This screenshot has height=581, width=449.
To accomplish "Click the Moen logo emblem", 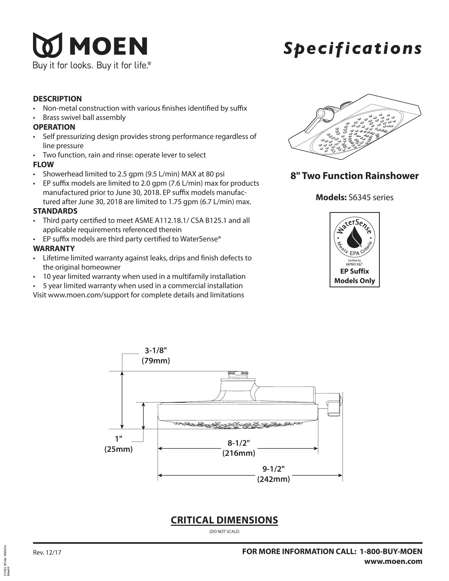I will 48,45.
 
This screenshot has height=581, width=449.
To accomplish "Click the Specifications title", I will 352,49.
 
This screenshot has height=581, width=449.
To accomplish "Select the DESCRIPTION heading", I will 57,99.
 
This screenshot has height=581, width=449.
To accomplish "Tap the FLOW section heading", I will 43,165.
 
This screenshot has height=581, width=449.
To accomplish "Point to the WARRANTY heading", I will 54,249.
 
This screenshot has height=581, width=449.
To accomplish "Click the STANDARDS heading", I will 55,211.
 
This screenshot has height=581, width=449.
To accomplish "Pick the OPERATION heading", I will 54,127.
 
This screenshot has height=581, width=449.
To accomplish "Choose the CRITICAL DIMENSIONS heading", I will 224,520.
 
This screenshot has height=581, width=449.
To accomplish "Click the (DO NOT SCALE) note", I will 224,532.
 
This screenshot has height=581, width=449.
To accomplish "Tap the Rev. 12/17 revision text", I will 47,552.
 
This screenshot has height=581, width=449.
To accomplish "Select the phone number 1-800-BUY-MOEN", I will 391,551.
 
